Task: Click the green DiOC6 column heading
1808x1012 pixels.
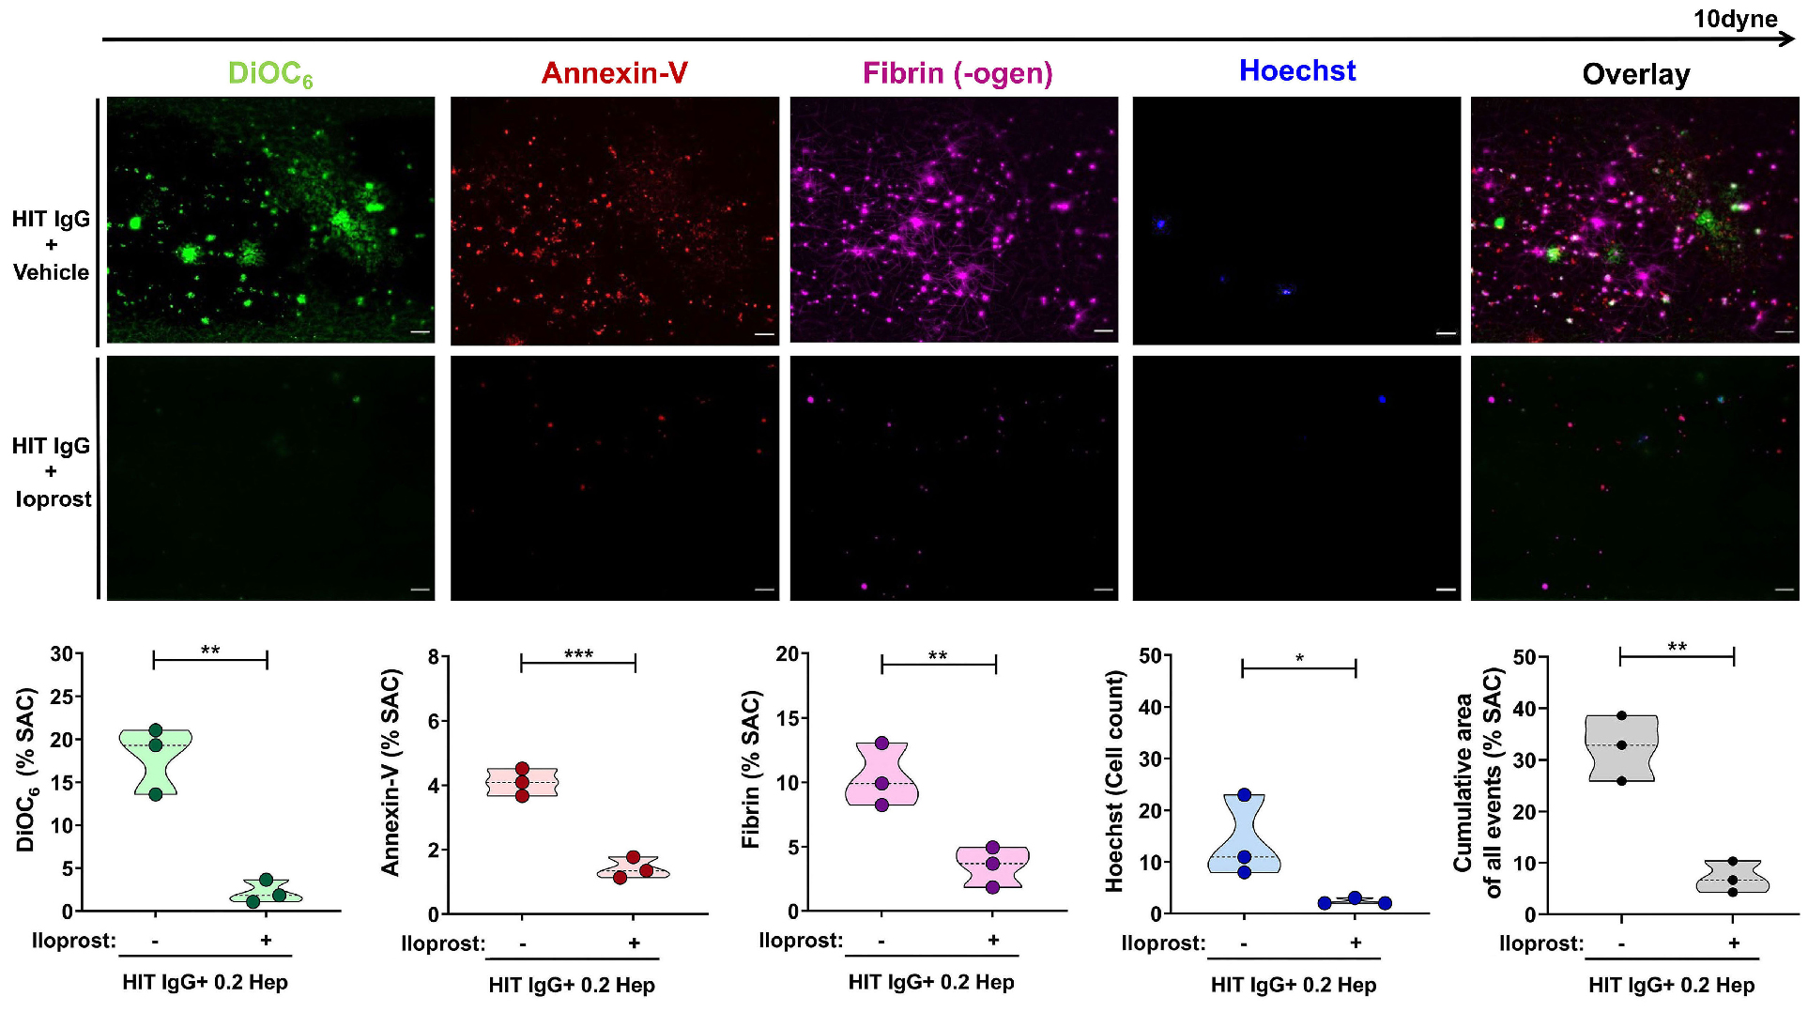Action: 269,73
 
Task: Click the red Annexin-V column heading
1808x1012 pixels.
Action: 614,73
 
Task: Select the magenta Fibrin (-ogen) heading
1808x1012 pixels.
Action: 957,73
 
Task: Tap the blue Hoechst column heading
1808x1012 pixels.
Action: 1296,70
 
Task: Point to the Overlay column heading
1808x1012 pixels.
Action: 1635,74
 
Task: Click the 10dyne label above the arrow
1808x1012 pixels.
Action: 1734,19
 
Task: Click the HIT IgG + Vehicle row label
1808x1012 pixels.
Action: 51,245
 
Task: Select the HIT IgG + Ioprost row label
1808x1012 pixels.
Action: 52,471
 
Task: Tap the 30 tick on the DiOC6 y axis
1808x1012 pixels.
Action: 61,653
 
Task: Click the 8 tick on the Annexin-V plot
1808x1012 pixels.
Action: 434,657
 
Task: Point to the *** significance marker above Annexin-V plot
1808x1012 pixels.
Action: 578,653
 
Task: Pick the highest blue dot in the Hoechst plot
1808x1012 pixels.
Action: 1244,795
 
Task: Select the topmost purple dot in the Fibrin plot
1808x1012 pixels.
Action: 881,743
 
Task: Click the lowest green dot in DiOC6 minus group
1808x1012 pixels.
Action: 156,794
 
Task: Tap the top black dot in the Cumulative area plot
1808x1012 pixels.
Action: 1621,715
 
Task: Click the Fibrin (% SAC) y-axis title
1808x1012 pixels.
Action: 750,770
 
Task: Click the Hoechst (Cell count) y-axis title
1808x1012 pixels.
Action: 1114,781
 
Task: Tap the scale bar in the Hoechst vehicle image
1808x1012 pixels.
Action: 1446,333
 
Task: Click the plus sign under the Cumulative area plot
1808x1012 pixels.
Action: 1733,943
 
